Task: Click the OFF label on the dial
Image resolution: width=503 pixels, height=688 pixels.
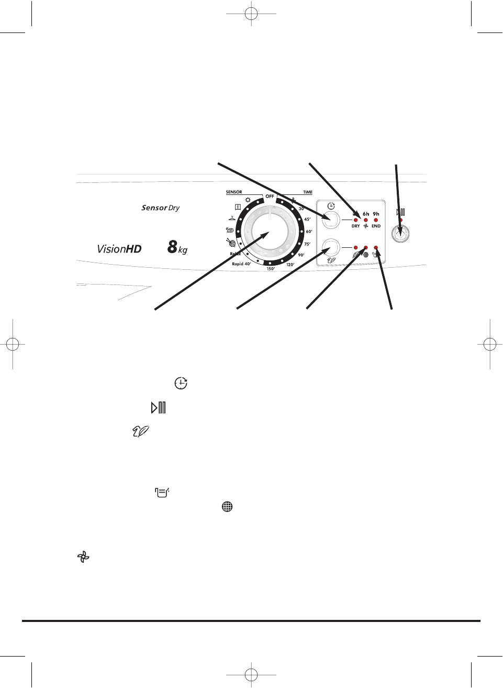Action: [270, 196]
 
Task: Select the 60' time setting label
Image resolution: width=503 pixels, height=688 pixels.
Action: [309, 232]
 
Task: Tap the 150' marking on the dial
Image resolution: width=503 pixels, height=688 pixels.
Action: [271, 269]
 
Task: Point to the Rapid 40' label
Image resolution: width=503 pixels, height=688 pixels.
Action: [241, 264]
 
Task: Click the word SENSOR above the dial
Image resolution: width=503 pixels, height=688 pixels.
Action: [234, 192]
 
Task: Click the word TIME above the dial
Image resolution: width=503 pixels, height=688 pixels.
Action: [308, 192]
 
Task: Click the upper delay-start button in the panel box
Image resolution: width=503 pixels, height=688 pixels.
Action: [331, 220]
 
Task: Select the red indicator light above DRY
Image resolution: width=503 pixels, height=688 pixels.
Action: [355, 220]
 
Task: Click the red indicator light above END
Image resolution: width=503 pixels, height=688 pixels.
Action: [376, 220]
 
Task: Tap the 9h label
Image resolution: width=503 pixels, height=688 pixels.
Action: [376, 214]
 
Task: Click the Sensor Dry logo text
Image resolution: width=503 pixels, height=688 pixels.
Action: [160, 208]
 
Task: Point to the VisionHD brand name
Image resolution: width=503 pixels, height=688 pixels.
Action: [119, 249]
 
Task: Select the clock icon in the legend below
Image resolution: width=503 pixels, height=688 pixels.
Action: [181, 383]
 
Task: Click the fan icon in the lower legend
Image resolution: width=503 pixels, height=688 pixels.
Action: [83, 557]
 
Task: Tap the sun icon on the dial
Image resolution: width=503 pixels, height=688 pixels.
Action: [248, 200]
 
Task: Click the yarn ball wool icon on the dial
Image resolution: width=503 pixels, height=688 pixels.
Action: [231, 243]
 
